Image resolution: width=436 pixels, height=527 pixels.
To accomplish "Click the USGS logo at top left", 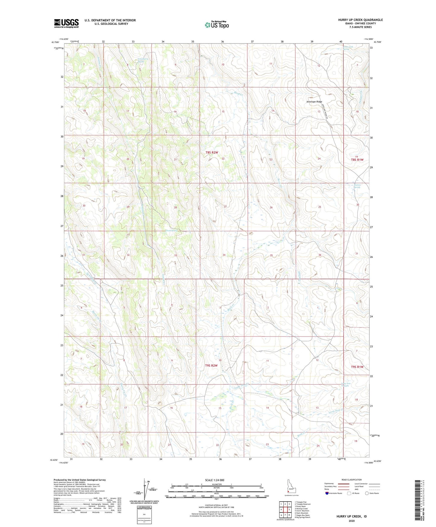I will click(x=66, y=23).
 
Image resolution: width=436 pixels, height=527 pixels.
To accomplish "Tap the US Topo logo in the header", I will click(x=216, y=25).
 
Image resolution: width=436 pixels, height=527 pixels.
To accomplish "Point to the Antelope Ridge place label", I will click(x=314, y=102).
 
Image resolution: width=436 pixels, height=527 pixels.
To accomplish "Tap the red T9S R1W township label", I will click(x=357, y=367).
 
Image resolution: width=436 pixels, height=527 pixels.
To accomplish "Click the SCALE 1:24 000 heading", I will click(x=215, y=480).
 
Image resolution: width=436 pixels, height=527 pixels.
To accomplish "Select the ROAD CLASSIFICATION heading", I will click(x=352, y=480).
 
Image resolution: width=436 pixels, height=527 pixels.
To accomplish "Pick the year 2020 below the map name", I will click(x=352, y=521).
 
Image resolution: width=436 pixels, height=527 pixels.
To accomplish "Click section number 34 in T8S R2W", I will click(x=224, y=255).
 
